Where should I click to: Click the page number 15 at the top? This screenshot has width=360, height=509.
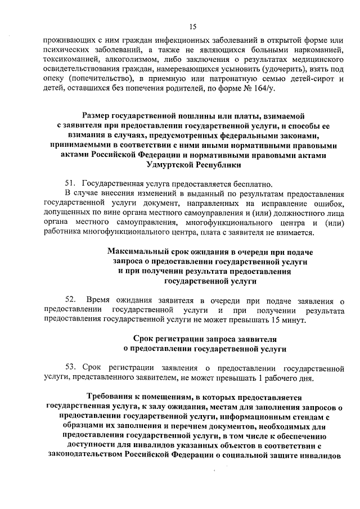point(193,26)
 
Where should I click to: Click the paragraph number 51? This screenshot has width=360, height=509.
point(71,184)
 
